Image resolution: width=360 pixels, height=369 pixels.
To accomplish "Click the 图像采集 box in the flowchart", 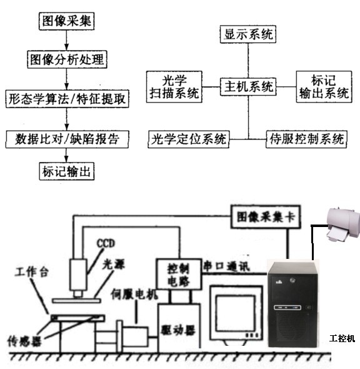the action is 66,21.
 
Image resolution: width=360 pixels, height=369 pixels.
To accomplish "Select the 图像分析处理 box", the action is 67,59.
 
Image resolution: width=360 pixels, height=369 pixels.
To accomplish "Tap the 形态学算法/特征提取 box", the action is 67,99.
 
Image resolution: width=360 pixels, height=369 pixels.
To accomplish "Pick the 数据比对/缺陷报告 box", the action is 67,139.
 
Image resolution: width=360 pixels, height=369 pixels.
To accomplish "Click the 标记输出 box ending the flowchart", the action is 66,171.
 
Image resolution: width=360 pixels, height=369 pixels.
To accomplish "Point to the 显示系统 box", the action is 248,34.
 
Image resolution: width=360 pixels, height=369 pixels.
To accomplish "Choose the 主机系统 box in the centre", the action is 248,86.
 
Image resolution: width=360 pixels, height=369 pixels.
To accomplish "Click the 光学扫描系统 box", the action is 174,87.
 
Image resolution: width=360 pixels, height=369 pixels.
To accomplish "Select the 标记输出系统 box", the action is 324,87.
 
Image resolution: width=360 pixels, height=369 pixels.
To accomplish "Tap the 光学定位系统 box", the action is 189,139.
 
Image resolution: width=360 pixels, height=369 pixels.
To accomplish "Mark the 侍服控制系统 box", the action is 306,139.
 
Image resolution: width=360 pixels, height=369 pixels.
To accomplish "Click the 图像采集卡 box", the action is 266,217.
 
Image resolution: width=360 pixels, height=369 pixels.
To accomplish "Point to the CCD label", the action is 106,243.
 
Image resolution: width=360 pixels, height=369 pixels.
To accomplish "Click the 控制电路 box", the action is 179,274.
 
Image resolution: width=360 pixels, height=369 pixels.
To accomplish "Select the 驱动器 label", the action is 178,330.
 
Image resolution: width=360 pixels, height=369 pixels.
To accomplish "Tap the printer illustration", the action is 343,225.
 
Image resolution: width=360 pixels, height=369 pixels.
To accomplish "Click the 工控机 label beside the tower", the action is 342,338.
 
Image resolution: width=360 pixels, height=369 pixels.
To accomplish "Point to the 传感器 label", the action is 24,341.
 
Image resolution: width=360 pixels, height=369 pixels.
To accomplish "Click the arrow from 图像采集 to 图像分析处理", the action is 66,40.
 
